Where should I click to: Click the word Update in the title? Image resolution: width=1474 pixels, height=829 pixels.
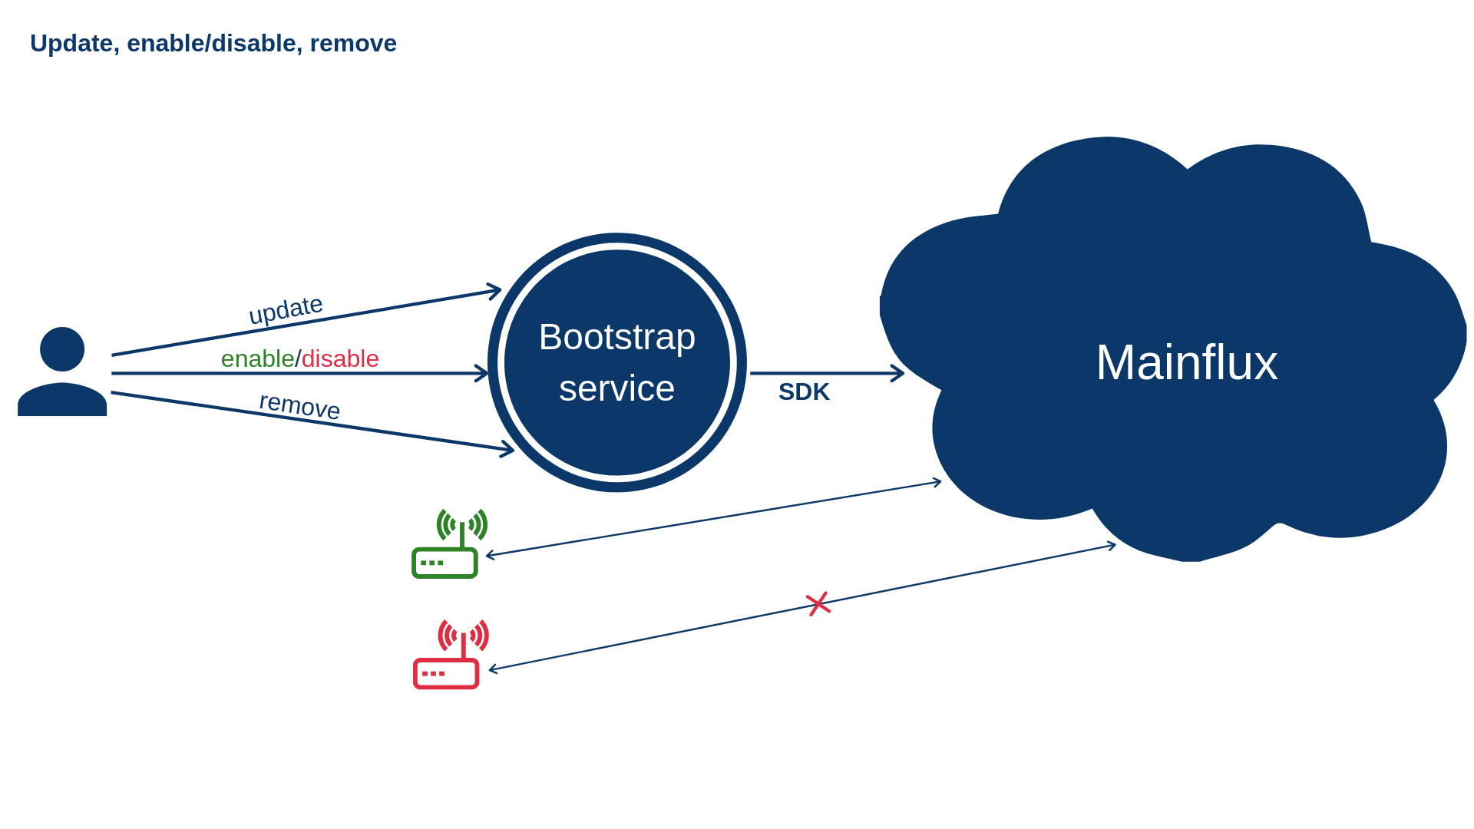(x=71, y=44)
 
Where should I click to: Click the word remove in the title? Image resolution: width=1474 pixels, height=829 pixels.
(x=353, y=44)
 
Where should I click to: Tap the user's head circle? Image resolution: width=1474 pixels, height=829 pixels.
(x=62, y=349)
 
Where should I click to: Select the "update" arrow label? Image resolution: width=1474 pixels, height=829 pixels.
(x=286, y=310)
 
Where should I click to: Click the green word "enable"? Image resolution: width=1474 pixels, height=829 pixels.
(x=257, y=358)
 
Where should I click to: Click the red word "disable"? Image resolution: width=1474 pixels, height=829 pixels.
(x=340, y=358)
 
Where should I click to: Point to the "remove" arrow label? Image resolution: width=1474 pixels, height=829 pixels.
(x=299, y=405)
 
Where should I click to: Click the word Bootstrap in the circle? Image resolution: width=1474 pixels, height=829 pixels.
(x=617, y=337)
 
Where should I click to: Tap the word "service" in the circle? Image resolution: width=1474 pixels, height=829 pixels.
(x=617, y=388)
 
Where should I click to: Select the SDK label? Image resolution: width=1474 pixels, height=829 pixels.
(x=804, y=391)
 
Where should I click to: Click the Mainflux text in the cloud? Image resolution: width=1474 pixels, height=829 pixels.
(x=1187, y=362)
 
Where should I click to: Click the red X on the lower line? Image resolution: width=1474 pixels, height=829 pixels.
(x=818, y=604)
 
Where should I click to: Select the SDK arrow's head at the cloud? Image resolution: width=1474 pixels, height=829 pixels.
(x=900, y=374)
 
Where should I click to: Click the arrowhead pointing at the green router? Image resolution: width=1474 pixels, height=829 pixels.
(x=489, y=555)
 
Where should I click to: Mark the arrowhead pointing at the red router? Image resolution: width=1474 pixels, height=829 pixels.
(x=492, y=669)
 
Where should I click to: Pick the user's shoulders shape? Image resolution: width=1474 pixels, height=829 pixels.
(x=62, y=400)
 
